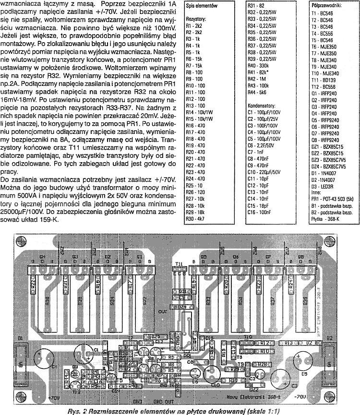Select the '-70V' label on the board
coord(300,395)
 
